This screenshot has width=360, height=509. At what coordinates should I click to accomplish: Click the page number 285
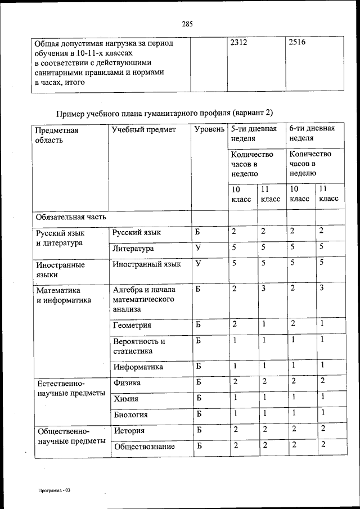tap(187, 24)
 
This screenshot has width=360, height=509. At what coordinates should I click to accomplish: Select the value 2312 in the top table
tap(239, 42)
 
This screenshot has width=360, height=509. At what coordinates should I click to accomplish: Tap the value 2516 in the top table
tap(296, 42)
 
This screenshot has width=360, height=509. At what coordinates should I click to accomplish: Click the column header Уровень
tap(208, 130)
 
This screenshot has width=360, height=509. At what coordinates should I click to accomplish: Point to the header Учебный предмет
tap(143, 130)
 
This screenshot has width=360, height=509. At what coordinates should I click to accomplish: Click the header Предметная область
tap(57, 135)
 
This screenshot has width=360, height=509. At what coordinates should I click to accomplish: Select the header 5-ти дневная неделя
tap(254, 133)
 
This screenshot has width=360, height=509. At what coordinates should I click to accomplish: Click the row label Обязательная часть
tap(70, 217)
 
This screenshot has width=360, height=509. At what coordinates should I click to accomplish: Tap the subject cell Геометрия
tap(132, 325)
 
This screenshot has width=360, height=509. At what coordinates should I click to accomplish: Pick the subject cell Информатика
tap(138, 367)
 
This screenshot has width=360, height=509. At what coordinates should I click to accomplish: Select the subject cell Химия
tap(126, 399)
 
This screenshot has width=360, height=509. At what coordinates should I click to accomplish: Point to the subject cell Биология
tap(130, 415)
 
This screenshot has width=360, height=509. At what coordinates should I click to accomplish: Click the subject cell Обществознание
tap(143, 447)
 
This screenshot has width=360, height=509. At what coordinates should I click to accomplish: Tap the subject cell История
tap(129, 431)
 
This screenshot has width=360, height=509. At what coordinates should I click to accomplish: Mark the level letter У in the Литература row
tap(198, 247)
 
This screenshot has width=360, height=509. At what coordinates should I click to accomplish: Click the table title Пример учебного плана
tap(165, 112)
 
